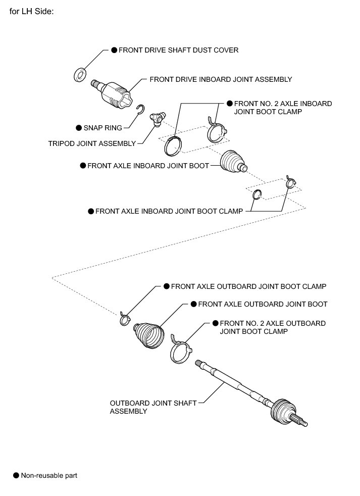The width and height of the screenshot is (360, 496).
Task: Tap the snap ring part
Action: click(x=141, y=109)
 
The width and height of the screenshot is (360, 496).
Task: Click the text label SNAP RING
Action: click(x=102, y=128)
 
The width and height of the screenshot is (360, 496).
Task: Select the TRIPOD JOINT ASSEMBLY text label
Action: click(x=92, y=143)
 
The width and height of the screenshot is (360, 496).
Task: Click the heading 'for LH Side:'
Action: click(x=31, y=11)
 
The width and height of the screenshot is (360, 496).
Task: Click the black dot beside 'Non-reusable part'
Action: click(x=16, y=475)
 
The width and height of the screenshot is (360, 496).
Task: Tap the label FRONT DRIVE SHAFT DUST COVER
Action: click(x=178, y=50)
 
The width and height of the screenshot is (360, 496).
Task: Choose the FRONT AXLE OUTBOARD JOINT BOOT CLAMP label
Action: click(x=248, y=286)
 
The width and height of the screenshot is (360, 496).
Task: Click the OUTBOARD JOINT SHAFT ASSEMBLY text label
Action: click(x=153, y=407)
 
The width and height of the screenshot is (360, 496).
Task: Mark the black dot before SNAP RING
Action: click(x=78, y=128)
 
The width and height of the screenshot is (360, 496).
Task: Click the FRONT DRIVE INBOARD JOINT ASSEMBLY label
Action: click(x=221, y=79)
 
